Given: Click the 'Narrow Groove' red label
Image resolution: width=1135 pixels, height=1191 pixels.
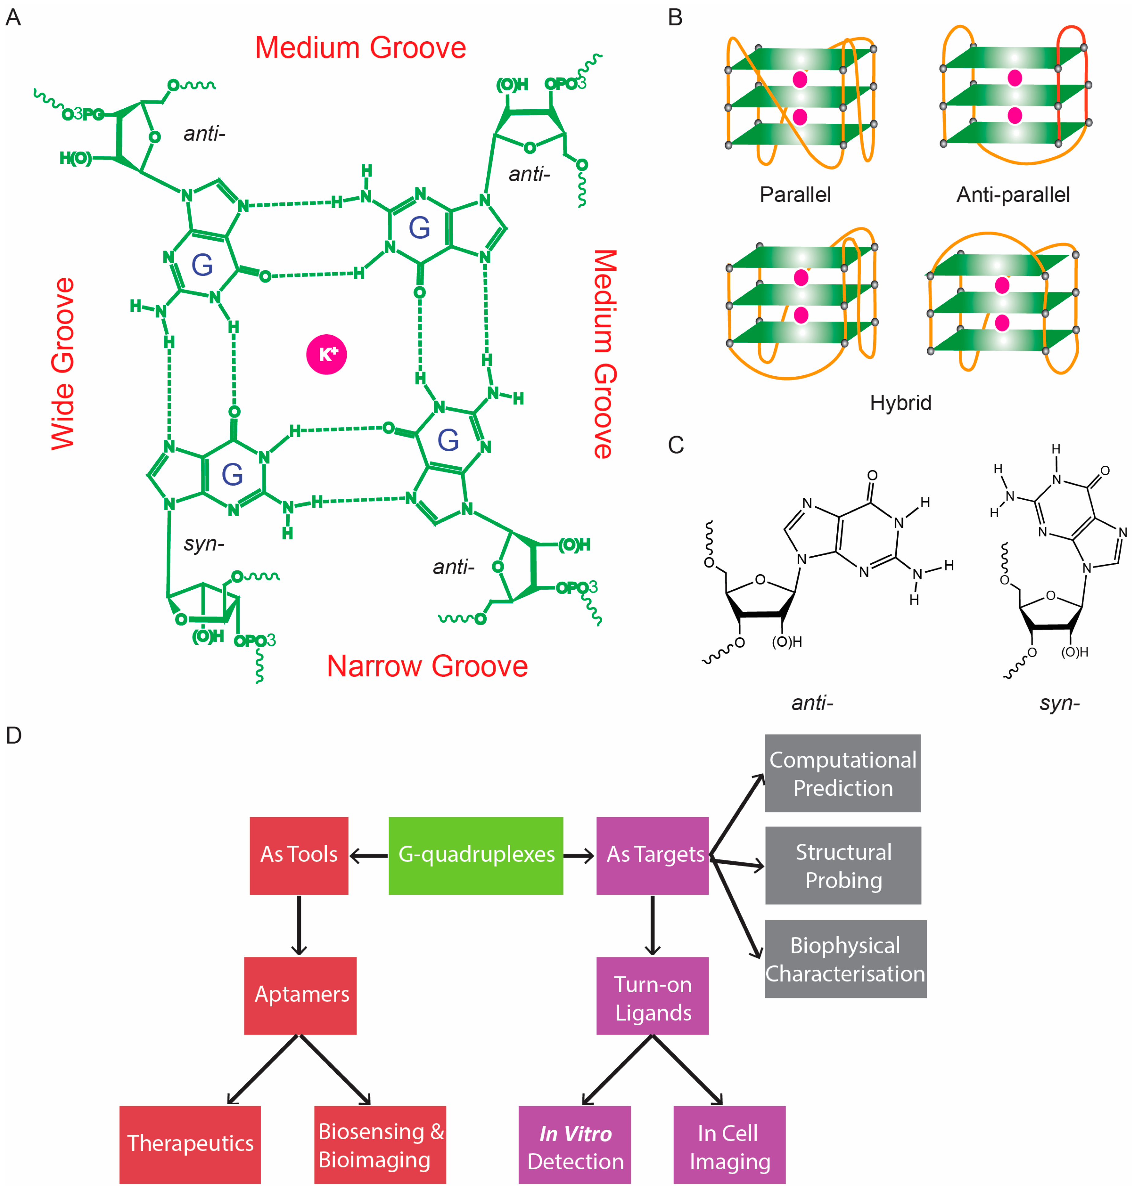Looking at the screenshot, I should [x=427, y=666].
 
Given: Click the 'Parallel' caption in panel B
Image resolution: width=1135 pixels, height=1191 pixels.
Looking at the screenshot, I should [x=795, y=195].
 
